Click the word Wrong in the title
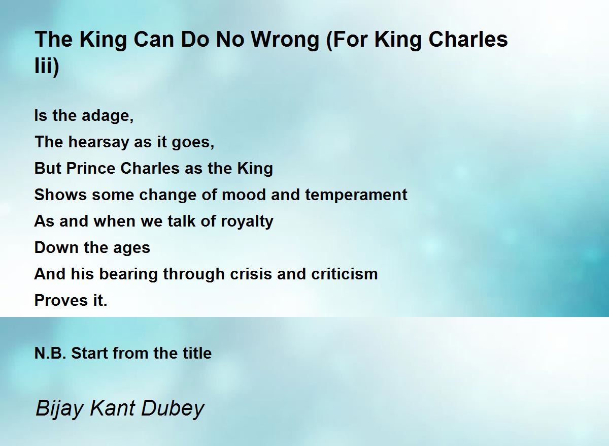285,40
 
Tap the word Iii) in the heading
47,66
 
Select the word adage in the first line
108,116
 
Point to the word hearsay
98,142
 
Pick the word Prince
91,168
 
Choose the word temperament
356,195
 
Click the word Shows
60,195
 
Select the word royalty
247,221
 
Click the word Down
56,247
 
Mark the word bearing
128,274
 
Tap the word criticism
345,274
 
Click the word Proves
61,300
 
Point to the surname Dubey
173,408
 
